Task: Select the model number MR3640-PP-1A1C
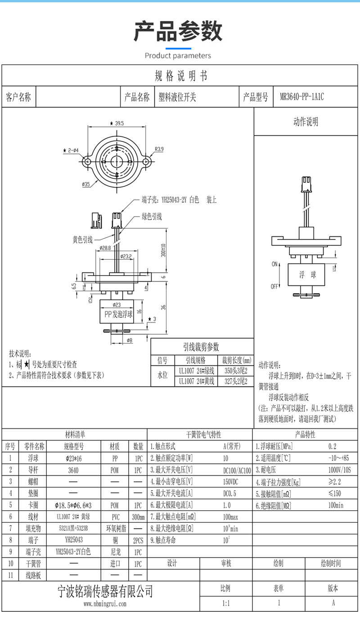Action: tap(301, 97)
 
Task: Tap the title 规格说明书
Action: tap(180, 76)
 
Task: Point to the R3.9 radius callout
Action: tap(159, 149)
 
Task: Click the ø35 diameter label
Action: tap(86, 184)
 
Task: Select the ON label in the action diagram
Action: tap(274, 264)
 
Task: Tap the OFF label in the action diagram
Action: tap(274, 286)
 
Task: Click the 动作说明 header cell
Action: tap(306, 122)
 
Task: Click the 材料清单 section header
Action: tap(75, 435)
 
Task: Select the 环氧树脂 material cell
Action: tap(114, 528)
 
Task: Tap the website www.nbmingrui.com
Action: tap(105, 604)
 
